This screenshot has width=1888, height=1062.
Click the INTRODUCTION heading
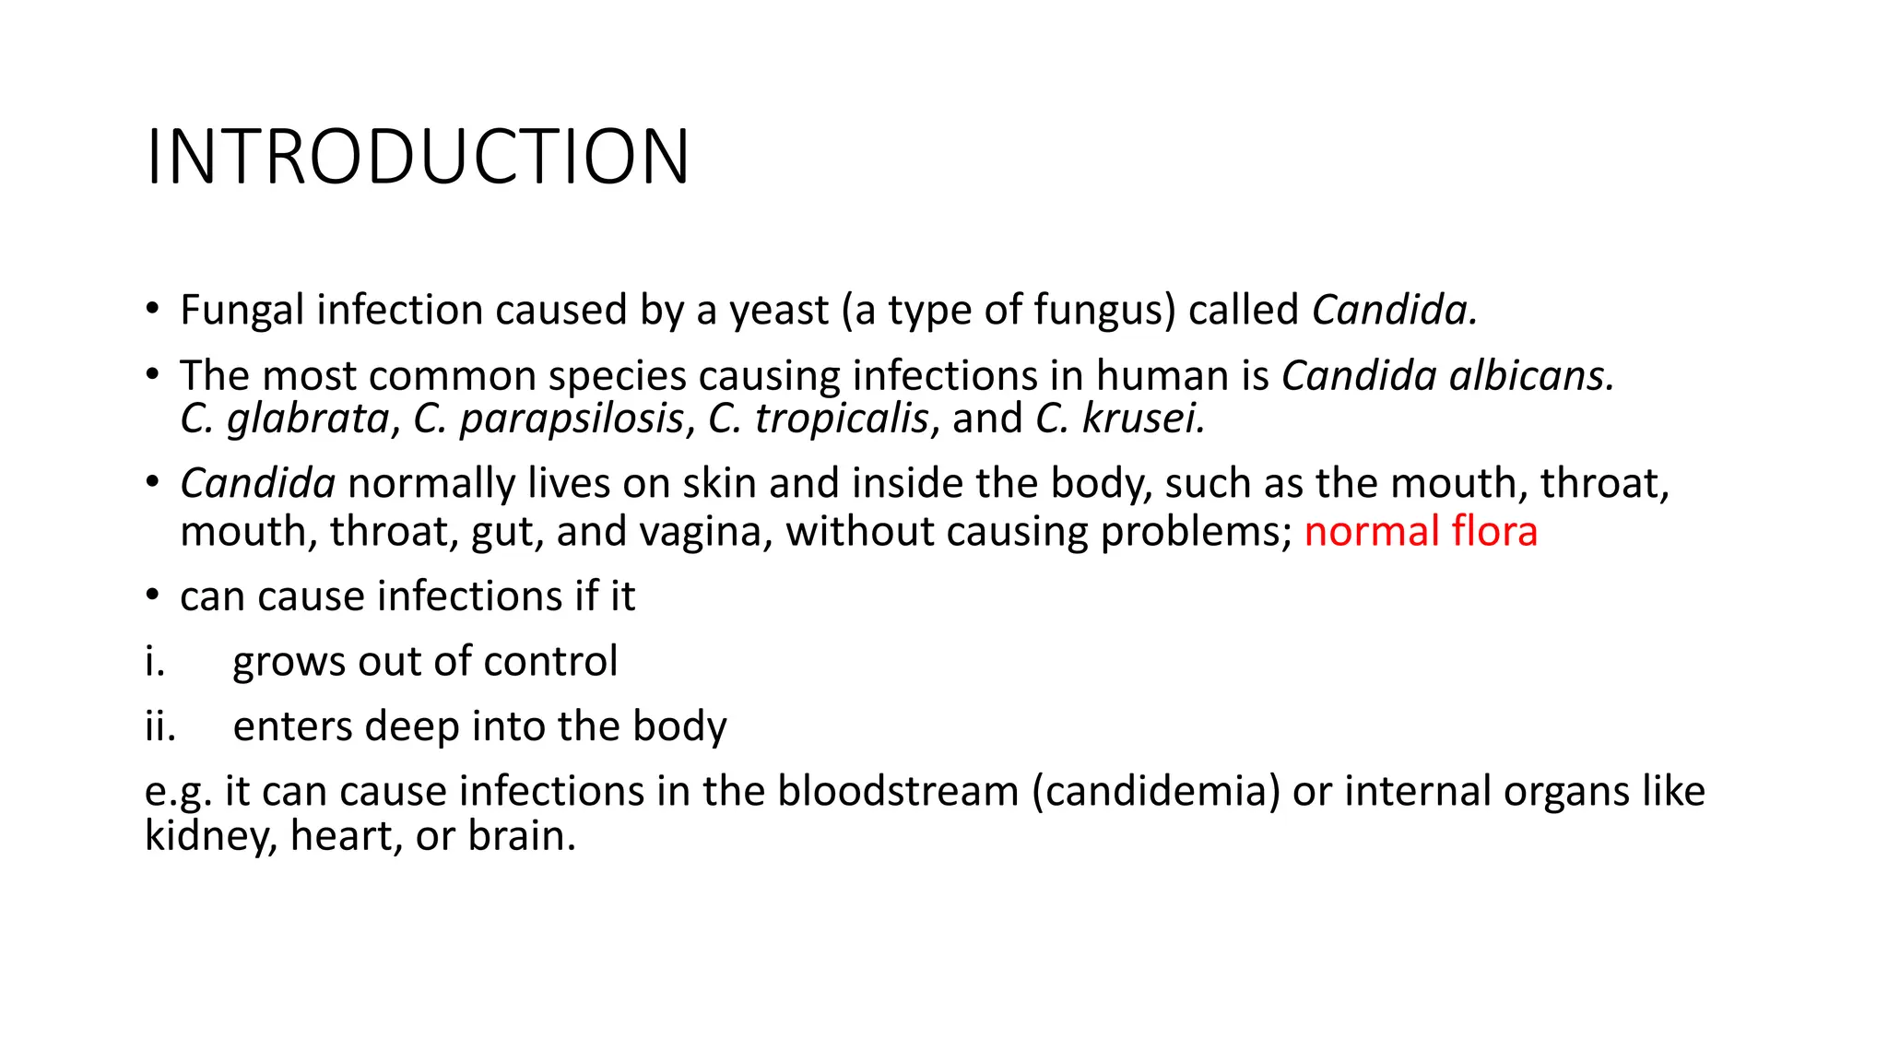pos(417,157)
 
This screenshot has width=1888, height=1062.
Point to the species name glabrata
pos(308,419)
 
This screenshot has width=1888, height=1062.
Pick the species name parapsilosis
pos(572,419)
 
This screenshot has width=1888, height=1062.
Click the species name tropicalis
pos(841,419)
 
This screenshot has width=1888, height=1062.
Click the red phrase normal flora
pos(1421,532)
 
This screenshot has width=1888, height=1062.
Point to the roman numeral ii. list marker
pos(159,726)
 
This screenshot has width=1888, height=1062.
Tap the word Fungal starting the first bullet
pos(242,311)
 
